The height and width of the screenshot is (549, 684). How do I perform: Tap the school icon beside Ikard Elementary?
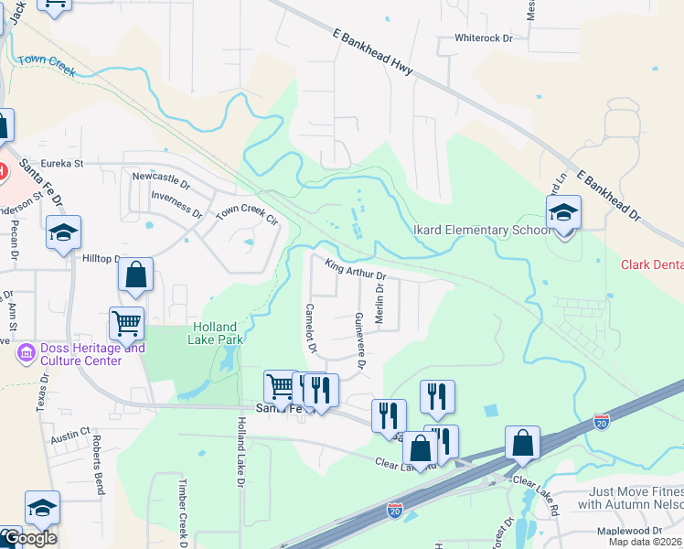(x=564, y=214)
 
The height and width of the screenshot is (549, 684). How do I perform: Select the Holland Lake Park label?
(x=215, y=333)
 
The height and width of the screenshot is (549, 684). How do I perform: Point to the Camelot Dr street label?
(x=311, y=328)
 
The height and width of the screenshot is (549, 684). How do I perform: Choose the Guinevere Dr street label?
(x=360, y=340)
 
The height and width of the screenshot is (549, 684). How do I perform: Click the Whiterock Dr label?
(x=485, y=39)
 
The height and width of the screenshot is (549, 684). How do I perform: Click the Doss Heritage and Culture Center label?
(x=80, y=354)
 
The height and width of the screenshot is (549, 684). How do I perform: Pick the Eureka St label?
(x=67, y=164)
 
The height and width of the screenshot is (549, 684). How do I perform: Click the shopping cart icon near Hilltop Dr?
(x=126, y=322)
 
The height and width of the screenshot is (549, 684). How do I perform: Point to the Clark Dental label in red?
(x=652, y=265)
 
